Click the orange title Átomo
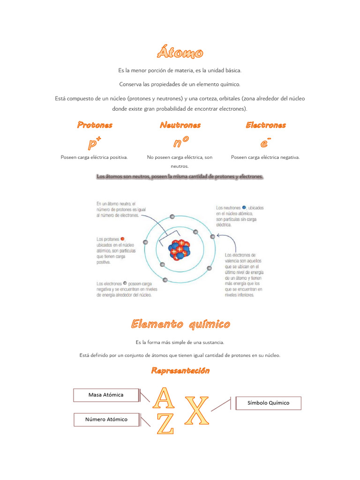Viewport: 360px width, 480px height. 180,53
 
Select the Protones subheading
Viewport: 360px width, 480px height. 95,125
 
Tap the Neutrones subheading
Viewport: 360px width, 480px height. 180,125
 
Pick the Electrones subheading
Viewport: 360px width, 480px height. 265,125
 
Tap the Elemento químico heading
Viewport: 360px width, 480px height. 180,324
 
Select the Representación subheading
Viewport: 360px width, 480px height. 180,371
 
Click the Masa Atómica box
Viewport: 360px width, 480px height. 106,395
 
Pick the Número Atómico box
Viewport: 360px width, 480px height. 106,420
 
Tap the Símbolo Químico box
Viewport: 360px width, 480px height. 268,403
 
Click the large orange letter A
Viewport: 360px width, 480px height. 165,397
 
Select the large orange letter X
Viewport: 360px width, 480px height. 197,410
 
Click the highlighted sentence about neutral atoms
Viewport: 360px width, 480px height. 180,177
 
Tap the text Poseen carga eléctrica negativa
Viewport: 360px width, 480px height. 265,157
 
